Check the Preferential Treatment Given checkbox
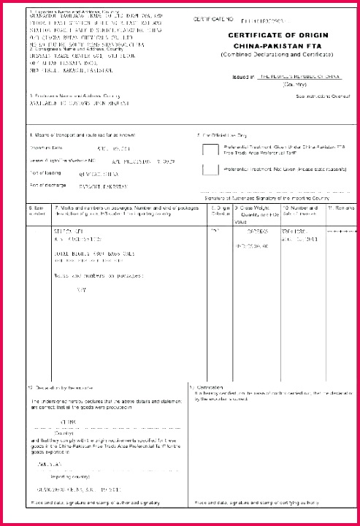click(210, 150)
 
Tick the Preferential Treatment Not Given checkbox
click(210, 170)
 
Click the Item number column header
click(36, 212)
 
